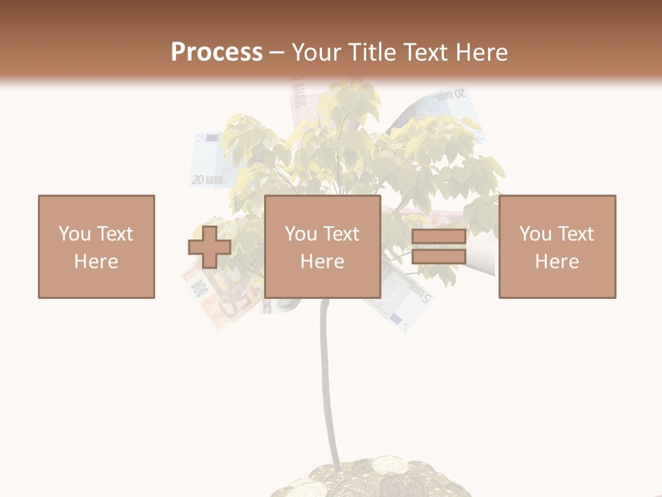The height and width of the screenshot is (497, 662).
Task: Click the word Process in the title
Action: [217, 52]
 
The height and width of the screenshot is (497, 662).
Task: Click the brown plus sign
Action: [210, 247]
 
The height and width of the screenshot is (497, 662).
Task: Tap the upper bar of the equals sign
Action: [439, 237]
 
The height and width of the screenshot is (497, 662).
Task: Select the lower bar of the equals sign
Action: [439, 257]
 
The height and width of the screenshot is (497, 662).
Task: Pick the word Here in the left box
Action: [96, 262]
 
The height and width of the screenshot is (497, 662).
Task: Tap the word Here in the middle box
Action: [322, 262]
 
